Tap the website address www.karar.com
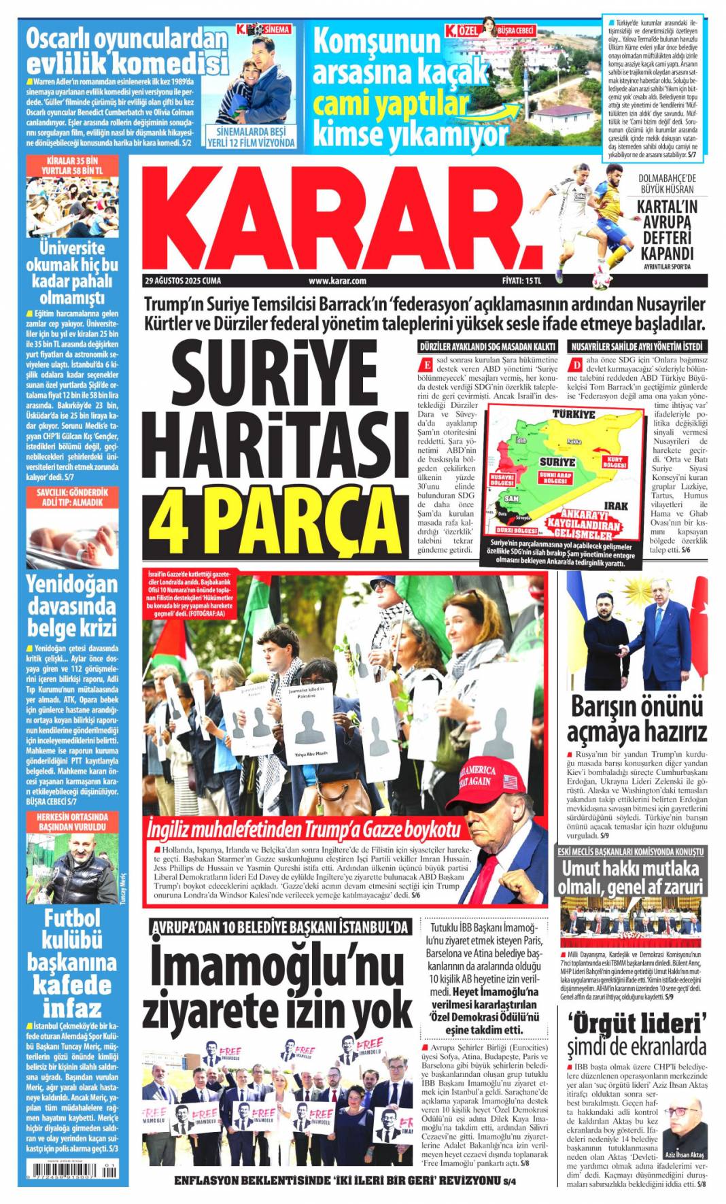[337, 281]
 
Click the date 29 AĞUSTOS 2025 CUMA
[183, 281]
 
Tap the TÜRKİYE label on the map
[573, 414]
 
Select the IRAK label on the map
[615, 506]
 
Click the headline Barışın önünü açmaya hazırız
[637, 719]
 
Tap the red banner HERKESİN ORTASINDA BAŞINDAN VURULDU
[73, 822]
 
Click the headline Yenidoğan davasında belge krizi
[72, 605]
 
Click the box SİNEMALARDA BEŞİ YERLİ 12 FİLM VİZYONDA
[251, 137]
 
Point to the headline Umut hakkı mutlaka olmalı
[629, 878]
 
